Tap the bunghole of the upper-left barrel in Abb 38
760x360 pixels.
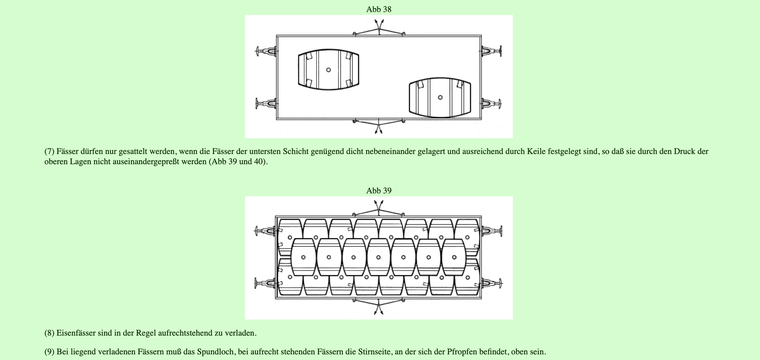click(x=328, y=70)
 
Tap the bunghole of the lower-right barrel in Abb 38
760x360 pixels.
click(x=440, y=97)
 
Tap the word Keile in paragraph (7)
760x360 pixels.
click(x=536, y=152)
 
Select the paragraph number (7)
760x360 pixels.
click(x=49, y=152)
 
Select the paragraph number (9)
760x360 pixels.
click(x=49, y=352)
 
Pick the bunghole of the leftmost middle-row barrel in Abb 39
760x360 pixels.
click(x=303, y=257)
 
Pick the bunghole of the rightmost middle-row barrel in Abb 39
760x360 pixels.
click(x=454, y=257)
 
